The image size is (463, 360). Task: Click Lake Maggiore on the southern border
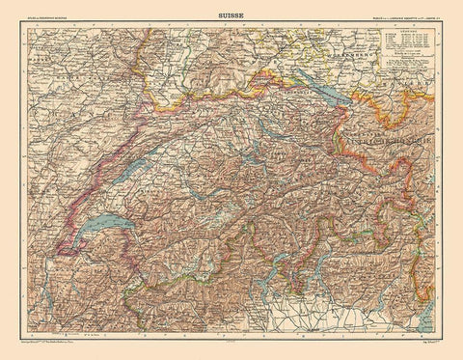[x=266, y=290]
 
